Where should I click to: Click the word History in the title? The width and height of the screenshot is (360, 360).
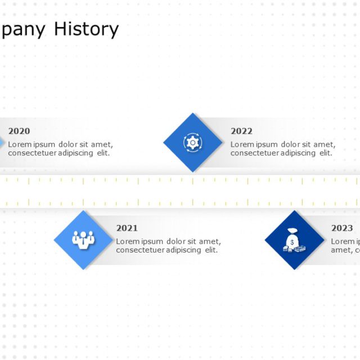(86, 29)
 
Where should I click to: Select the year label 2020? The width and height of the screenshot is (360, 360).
(19, 131)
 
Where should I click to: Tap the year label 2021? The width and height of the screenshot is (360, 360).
(127, 228)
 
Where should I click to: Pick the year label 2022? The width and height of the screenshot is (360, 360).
(241, 131)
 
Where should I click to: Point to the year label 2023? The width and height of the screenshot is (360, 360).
(342, 228)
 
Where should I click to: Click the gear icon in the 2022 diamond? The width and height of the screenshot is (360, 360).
(192, 142)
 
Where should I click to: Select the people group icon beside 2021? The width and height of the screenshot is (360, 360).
(83, 240)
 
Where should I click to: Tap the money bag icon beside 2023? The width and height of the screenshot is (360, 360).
(294, 240)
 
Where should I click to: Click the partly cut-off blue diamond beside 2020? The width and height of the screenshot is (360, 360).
(2, 143)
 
